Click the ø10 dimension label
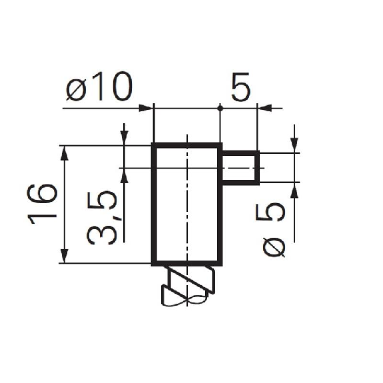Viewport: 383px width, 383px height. [x=99, y=86]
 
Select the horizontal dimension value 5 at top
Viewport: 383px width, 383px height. [x=241, y=87]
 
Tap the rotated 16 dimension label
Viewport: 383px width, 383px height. [x=42, y=204]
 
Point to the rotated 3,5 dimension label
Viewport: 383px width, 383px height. [x=102, y=217]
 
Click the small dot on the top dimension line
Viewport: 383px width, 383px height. [x=220, y=108]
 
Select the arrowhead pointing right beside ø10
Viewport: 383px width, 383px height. [x=146, y=108]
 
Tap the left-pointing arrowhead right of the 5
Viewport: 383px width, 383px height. [x=264, y=108]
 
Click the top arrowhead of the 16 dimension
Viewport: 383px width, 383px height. [x=64, y=153]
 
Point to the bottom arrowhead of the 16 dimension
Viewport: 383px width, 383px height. [x=64, y=256]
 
